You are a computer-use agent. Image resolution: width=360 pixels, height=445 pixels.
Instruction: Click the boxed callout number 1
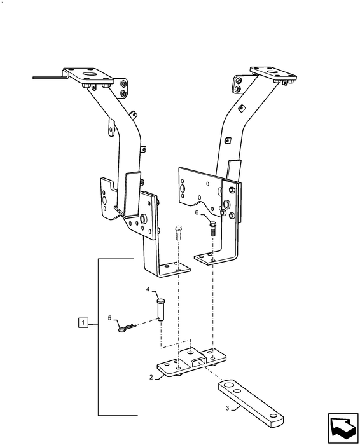coord(83,323)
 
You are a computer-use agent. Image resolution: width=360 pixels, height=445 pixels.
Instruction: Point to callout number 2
coord(151,377)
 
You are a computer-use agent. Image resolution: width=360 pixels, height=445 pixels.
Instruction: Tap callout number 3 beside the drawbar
coord(227,408)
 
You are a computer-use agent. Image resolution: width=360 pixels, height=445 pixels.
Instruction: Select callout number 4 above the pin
coord(148,289)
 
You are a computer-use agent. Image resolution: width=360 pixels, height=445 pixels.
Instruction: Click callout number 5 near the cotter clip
coord(109,318)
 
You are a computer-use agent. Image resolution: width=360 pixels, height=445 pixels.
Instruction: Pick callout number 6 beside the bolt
coord(197,212)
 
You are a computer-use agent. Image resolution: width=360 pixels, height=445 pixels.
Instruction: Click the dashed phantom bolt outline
coord(178,233)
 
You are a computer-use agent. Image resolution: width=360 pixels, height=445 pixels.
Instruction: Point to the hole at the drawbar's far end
coord(273,416)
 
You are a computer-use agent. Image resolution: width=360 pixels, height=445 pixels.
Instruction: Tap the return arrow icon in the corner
coord(343,428)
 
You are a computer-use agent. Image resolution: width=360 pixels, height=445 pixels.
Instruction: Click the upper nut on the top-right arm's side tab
coord(239,80)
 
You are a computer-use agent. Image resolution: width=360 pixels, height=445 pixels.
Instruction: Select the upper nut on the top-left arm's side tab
coord(123,84)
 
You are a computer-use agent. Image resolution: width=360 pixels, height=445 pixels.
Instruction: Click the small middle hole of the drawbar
coord(237,391)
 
